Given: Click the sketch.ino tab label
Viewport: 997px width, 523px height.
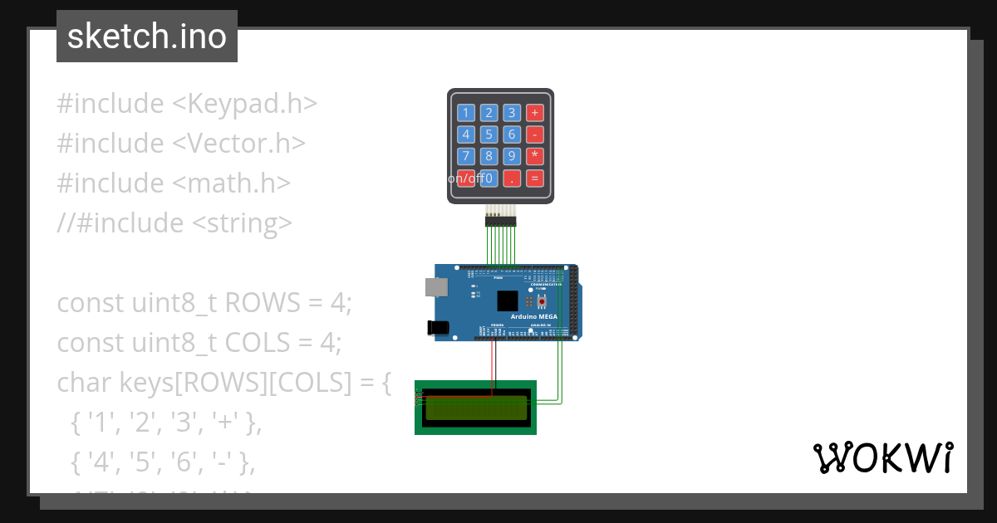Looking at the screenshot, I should [x=147, y=37].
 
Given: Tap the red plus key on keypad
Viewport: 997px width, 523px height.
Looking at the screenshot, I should [x=535, y=113].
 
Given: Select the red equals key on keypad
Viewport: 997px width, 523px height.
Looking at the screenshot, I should [x=535, y=178].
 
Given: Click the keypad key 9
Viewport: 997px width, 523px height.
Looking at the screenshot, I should [x=513, y=156].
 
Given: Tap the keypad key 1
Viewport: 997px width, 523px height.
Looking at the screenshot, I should [x=466, y=113].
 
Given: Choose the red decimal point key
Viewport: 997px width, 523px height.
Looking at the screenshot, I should [x=513, y=178].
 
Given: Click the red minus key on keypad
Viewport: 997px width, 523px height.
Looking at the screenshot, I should [x=535, y=134].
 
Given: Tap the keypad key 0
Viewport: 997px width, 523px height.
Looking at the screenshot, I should [x=489, y=178].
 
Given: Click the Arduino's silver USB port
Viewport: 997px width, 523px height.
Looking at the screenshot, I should [x=435, y=286].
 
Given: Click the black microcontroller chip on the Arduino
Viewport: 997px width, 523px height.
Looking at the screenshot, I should [x=507, y=301].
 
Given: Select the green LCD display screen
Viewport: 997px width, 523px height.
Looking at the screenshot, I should [x=475, y=407].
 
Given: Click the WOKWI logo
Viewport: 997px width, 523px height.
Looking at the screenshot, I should [x=882, y=457].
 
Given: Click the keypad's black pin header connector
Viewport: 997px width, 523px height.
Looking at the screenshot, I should [x=500, y=221].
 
